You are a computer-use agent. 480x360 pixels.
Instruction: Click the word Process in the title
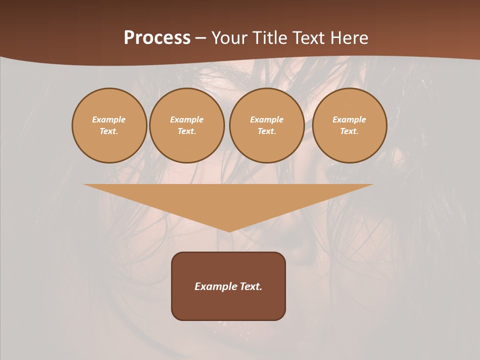point(157,38)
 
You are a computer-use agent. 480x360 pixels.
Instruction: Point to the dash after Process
point(200,38)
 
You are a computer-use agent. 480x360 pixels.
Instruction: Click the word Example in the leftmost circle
point(109,119)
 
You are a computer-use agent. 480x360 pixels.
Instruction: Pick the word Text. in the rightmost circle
point(349,131)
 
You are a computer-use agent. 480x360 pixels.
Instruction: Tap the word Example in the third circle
point(267,119)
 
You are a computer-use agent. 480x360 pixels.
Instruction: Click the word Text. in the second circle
point(187,131)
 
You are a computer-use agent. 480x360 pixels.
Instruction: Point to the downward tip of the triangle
point(229,231)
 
